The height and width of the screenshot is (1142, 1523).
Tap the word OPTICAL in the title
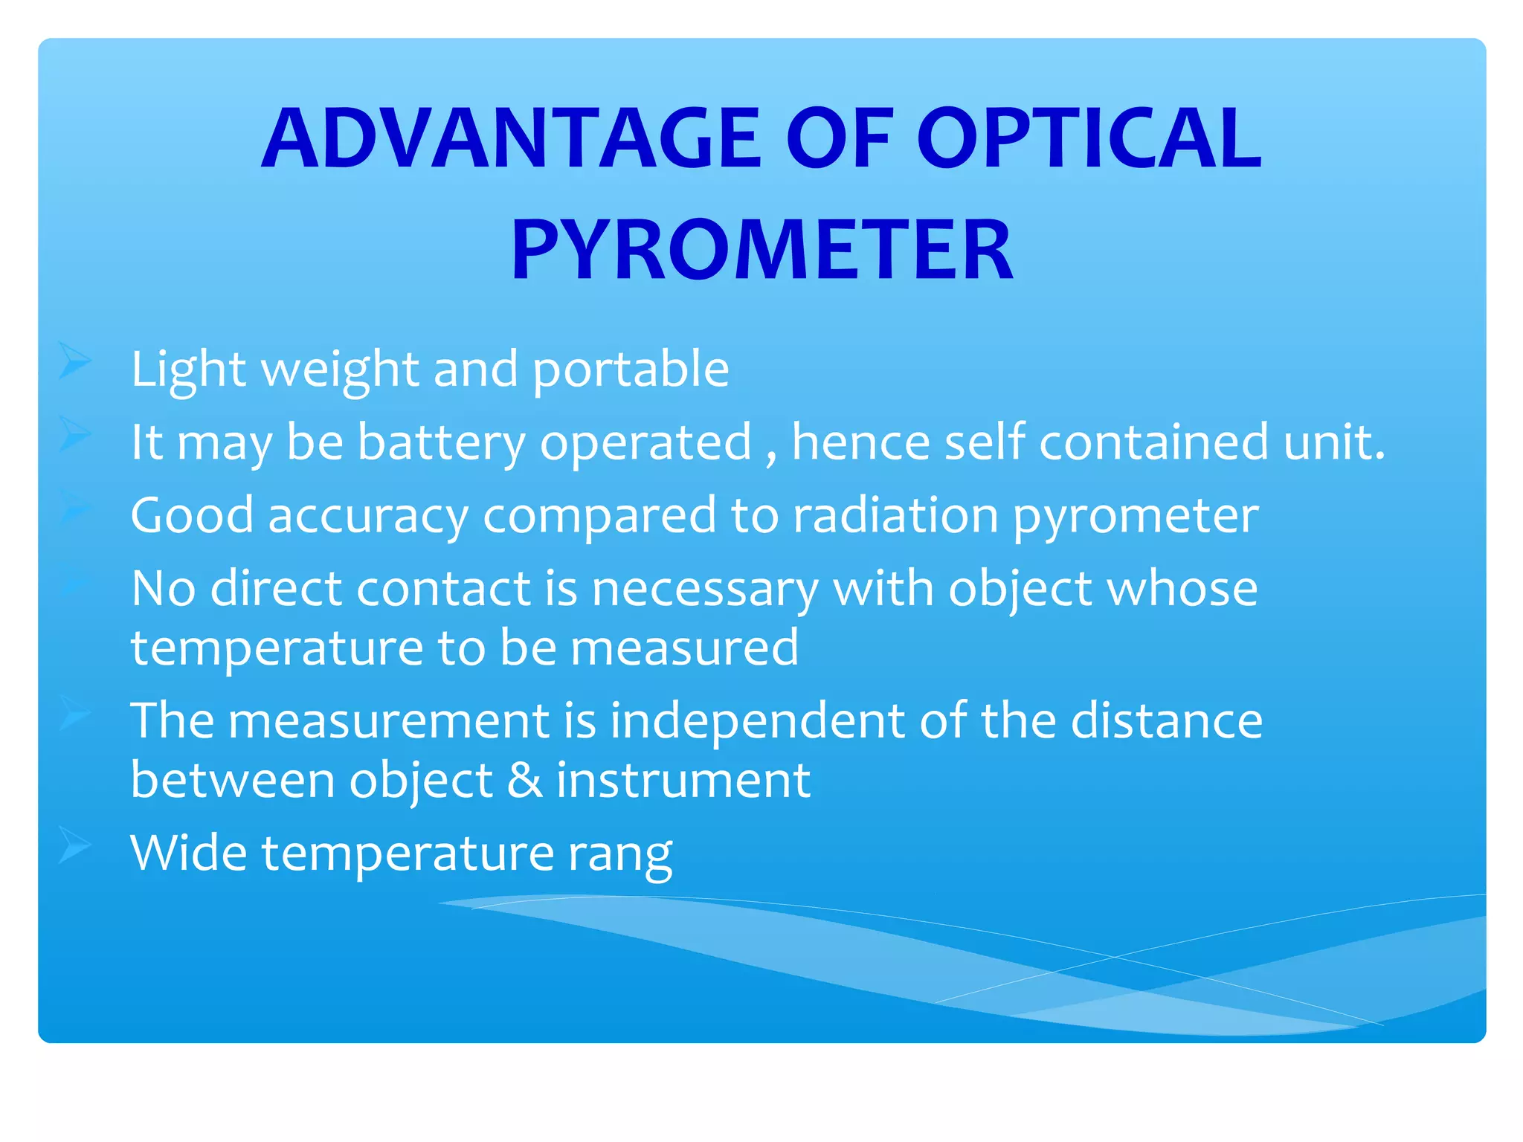tap(1089, 138)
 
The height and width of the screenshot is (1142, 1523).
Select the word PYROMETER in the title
tap(762, 250)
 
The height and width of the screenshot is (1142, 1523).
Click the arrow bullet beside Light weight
tap(74, 362)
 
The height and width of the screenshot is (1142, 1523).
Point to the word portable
tap(631, 370)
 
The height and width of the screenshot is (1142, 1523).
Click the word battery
tap(442, 442)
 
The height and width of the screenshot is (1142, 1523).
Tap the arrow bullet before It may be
tap(74, 434)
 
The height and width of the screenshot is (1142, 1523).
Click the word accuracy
tap(368, 516)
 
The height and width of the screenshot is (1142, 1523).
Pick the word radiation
tap(895, 516)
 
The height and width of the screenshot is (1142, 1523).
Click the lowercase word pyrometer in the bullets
tap(1136, 516)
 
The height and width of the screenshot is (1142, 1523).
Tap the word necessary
tap(704, 590)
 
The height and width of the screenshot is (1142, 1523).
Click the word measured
tap(684, 648)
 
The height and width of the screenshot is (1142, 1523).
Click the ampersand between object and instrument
tap(524, 781)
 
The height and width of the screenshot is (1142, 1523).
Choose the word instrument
tap(683, 781)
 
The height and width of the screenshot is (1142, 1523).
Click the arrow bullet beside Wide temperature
tap(74, 845)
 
